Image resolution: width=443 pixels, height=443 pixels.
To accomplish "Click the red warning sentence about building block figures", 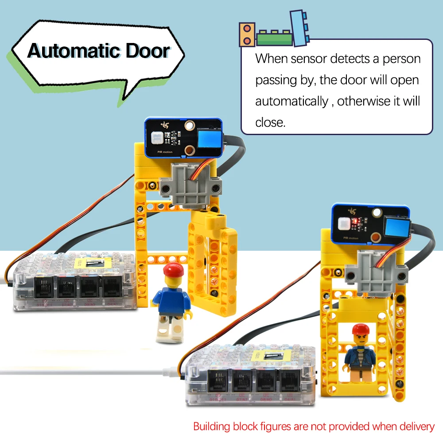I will pyautogui.click(x=314, y=427).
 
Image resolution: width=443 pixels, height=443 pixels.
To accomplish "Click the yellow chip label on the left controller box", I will pyautogui.click(x=93, y=263).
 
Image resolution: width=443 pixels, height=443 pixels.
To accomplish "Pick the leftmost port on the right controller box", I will pyautogui.click(x=218, y=381).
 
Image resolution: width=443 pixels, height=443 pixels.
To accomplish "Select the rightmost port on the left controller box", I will pyautogui.click(x=111, y=288).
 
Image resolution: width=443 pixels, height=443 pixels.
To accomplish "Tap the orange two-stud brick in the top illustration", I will pyautogui.click(x=247, y=35).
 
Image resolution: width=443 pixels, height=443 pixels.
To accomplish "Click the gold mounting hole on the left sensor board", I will pyautogui.click(x=189, y=126).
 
